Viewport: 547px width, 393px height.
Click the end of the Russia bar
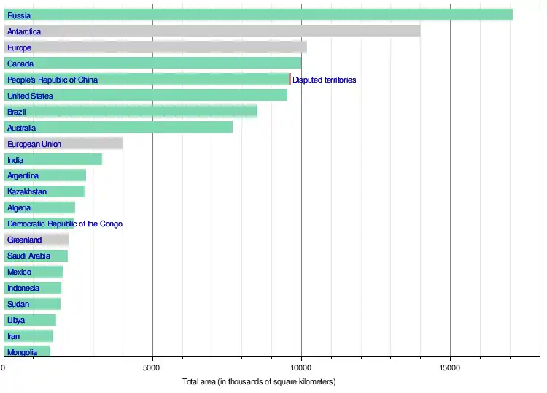pos(511,15)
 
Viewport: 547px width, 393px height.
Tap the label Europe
pos(20,47)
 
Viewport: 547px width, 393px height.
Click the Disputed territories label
pos(325,80)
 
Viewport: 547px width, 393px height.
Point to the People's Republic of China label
pos(53,80)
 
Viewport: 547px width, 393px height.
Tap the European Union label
pos(34,144)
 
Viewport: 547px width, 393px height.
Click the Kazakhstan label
pos(27,191)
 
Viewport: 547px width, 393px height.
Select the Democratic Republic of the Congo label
pos(65,224)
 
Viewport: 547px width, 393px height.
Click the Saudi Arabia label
pos(29,256)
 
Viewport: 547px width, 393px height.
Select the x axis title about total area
pos(259,382)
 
